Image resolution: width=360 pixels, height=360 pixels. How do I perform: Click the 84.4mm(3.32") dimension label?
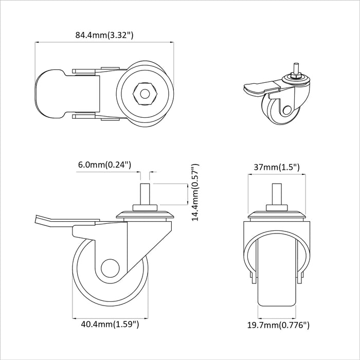[x=104, y=35]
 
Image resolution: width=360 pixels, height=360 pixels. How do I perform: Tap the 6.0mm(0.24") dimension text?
[x=105, y=165]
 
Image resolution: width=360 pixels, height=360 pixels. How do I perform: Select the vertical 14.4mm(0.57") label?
[x=195, y=192]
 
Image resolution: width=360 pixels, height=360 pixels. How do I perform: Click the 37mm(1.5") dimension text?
[x=277, y=167]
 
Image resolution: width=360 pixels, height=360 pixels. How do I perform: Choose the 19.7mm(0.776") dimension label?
[x=278, y=325]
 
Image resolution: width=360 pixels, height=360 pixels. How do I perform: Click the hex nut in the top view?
[x=145, y=94]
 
